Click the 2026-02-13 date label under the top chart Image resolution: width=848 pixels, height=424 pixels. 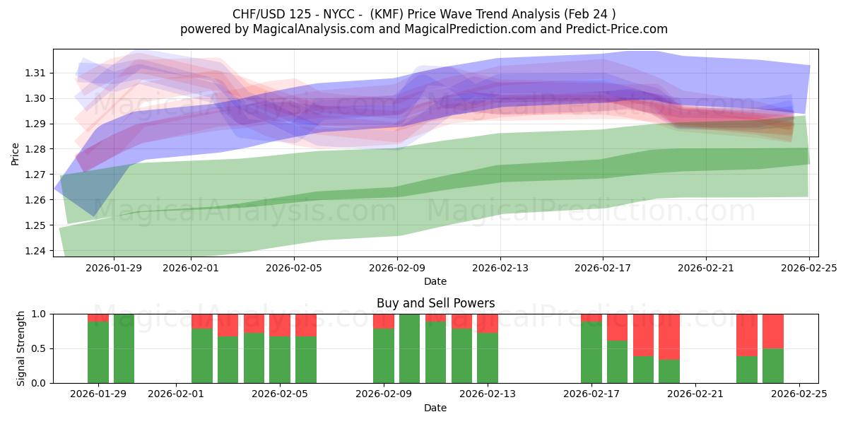click(500, 268)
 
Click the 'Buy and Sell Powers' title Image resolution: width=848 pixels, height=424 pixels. click(435, 303)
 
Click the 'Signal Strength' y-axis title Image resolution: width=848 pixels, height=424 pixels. click(21, 348)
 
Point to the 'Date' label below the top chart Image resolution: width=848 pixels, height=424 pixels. click(435, 281)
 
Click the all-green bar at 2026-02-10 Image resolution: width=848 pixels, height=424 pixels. click(410, 348)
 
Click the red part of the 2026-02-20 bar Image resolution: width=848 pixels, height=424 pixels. click(669, 336)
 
